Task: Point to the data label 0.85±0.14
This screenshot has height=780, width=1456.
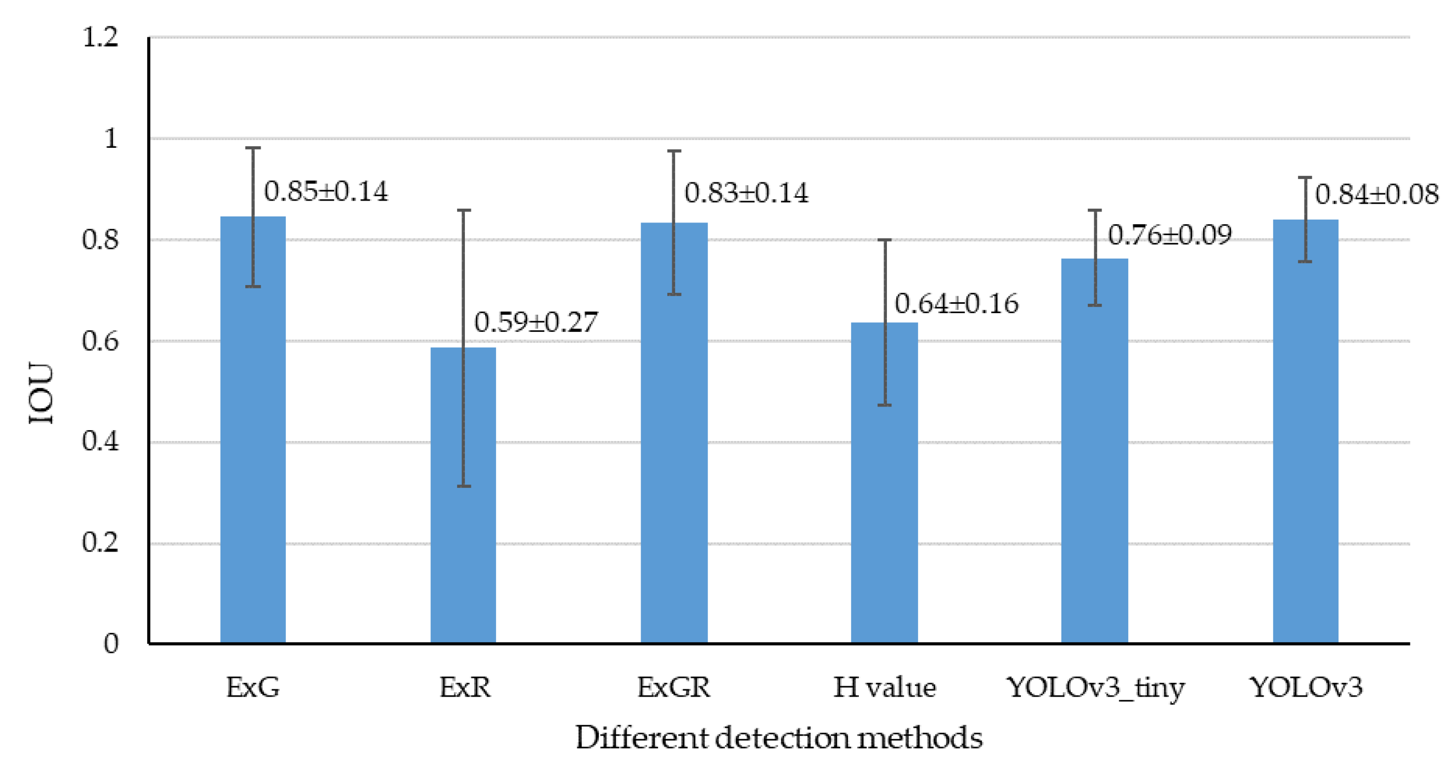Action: [x=326, y=192]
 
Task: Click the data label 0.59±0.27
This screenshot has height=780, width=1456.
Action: [x=536, y=322]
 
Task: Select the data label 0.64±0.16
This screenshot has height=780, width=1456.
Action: [x=957, y=304]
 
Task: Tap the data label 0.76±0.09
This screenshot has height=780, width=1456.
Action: [x=1170, y=235]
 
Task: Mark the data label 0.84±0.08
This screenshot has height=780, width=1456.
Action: [x=1376, y=195]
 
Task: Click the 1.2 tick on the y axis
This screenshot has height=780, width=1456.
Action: [x=100, y=38]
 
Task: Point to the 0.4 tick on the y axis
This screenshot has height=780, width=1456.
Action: [x=100, y=442]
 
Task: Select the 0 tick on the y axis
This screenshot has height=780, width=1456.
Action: [x=111, y=644]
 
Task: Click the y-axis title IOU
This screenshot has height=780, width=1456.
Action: [x=41, y=394]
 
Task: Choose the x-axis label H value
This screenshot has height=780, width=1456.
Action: [x=885, y=688]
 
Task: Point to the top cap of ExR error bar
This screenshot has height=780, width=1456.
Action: [x=464, y=210]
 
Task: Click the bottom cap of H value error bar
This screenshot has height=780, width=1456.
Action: [x=885, y=405]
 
